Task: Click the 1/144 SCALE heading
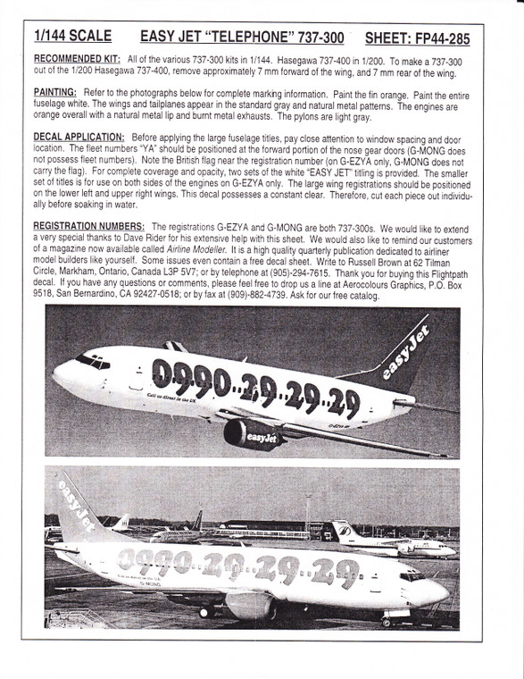[x=72, y=37]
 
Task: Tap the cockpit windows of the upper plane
[x=93, y=361]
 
